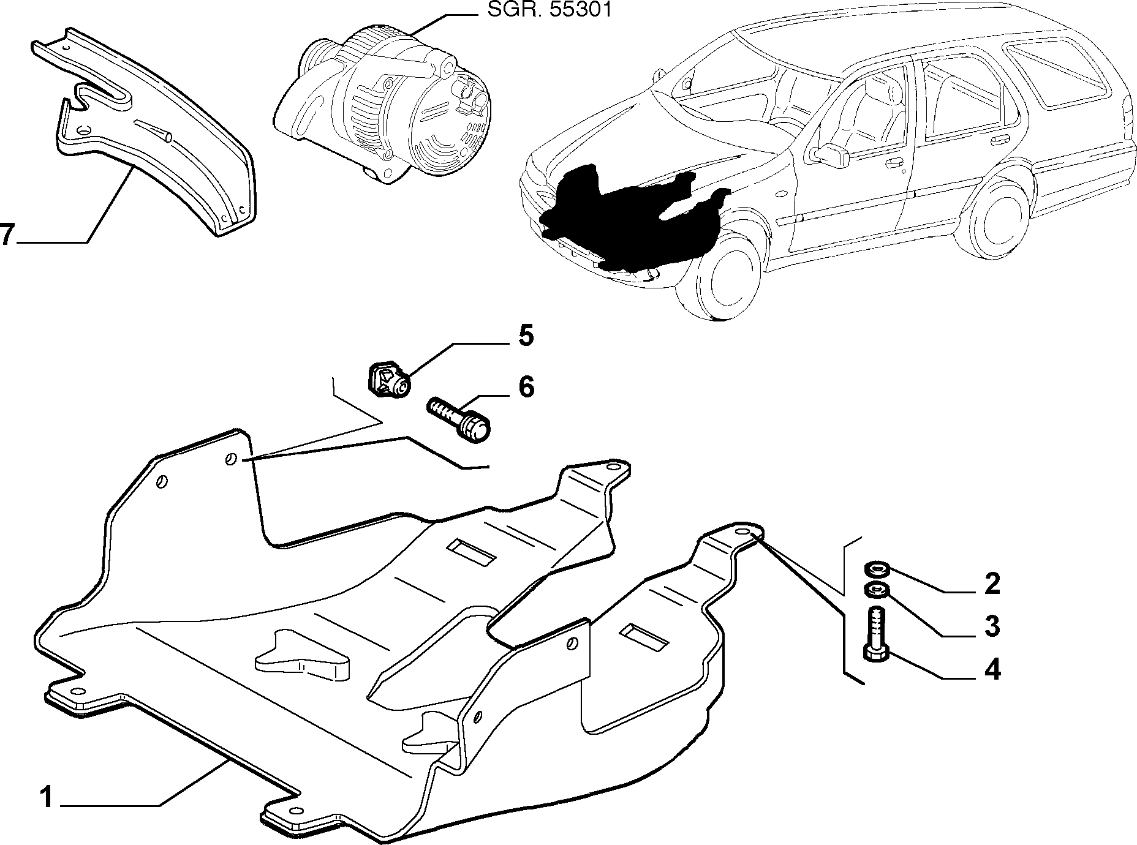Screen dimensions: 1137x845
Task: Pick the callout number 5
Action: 526,336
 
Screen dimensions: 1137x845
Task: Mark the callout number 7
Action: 7,235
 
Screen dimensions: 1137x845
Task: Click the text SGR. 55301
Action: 549,10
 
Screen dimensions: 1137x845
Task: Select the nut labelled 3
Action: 876,591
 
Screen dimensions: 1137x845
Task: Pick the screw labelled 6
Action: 459,418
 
